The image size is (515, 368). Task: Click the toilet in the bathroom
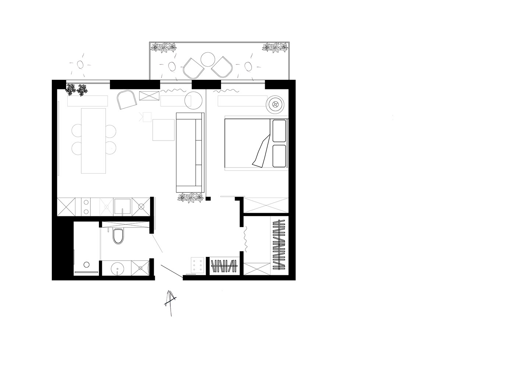pyautogui.click(x=118, y=237)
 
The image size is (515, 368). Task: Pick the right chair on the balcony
pyautogui.click(x=222, y=67)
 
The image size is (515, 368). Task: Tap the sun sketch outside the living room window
pyautogui.click(x=80, y=65)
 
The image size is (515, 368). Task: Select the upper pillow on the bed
pyautogui.click(x=279, y=130)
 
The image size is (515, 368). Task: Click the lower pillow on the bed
pyautogui.click(x=279, y=155)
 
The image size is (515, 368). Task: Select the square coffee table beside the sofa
pyautogui.click(x=163, y=130)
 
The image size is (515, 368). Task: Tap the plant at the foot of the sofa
pyautogui.click(x=191, y=198)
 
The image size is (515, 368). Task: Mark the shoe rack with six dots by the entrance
pyautogui.click(x=197, y=265)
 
